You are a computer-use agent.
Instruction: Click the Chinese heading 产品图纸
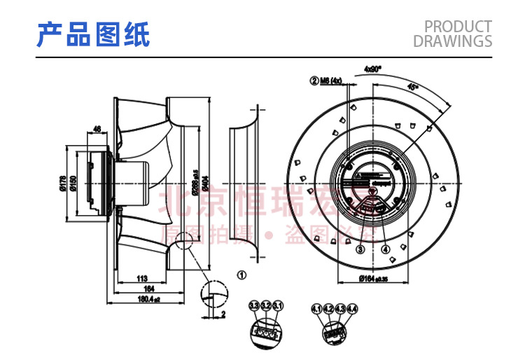click(x=93, y=34)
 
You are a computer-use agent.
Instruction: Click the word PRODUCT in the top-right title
click(x=458, y=27)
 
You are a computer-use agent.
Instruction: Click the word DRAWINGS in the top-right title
click(x=452, y=42)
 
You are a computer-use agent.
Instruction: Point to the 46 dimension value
click(x=97, y=128)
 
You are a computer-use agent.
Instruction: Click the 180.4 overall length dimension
click(x=147, y=299)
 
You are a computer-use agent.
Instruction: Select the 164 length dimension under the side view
click(x=148, y=288)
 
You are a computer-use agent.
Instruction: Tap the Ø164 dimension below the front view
click(x=373, y=279)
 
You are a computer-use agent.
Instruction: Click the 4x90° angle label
click(x=372, y=69)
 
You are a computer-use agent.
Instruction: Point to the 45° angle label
click(x=412, y=87)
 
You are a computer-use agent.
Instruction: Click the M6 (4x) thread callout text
click(x=330, y=81)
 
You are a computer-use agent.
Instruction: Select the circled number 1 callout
click(x=241, y=275)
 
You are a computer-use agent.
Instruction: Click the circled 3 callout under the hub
click(x=360, y=249)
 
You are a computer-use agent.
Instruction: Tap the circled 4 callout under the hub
click(x=385, y=249)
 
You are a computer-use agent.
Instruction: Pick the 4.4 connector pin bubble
click(x=352, y=308)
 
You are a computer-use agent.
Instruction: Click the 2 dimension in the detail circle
click(x=223, y=314)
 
